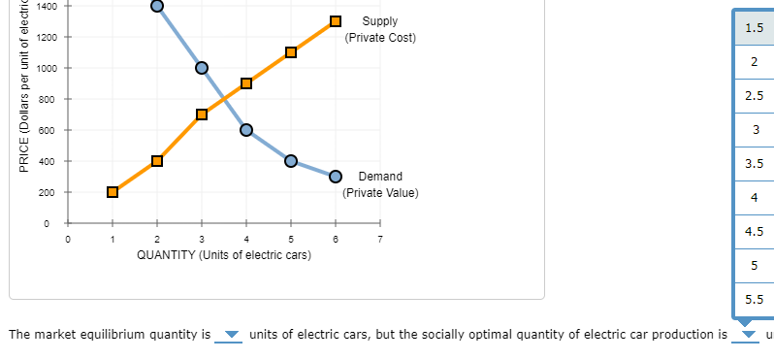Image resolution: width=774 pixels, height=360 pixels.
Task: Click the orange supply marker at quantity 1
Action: (x=113, y=192)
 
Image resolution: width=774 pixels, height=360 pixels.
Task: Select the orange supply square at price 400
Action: (x=157, y=161)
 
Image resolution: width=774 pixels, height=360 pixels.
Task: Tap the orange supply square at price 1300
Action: (x=336, y=21)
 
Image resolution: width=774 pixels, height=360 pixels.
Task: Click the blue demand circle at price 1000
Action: (x=202, y=68)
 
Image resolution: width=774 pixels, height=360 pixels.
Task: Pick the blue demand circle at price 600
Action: (x=246, y=130)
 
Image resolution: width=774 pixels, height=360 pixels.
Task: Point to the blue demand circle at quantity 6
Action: (x=336, y=177)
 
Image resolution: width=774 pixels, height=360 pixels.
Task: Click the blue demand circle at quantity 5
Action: (x=291, y=161)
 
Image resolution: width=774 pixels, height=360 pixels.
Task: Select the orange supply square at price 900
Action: (x=246, y=83)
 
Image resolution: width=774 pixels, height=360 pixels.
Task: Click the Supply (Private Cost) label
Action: (x=379, y=29)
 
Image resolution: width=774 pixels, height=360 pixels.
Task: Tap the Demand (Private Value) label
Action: (x=380, y=184)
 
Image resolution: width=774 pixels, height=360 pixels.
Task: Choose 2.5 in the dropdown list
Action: (x=754, y=96)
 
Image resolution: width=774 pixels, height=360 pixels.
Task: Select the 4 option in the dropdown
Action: (x=754, y=198)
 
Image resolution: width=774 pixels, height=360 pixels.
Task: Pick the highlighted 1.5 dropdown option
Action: (x=754, y=28)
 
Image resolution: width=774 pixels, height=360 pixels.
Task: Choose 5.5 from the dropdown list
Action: (x=754, y=300)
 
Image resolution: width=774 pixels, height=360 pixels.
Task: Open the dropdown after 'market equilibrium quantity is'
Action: (x=231, y=336)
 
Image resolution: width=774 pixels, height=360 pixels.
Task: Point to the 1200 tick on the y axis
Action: (x=46, y=37)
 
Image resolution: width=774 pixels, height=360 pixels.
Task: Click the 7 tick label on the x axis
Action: (x=380, y=238)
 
